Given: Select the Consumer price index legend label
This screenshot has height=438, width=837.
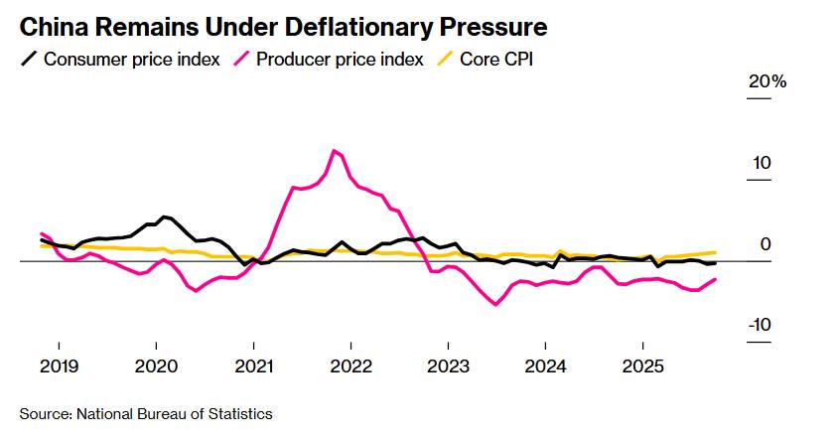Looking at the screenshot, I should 132,59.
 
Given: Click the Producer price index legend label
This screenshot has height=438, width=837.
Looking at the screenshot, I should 340,59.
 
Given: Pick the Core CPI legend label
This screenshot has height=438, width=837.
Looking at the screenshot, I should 496,59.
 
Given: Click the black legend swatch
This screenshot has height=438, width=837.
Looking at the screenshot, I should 29,59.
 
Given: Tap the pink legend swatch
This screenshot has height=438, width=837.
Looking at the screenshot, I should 240,59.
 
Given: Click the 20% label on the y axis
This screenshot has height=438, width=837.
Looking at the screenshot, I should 767,82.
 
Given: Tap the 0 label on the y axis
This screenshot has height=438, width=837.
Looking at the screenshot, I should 766,244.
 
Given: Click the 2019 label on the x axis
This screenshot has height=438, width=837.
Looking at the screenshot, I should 60,365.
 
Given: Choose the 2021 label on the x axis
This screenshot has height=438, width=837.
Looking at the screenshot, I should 254,365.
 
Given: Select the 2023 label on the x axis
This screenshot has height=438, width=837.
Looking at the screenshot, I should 449,365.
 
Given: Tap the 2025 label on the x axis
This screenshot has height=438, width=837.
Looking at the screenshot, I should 643,365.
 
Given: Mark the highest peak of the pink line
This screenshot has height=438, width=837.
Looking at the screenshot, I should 335,150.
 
